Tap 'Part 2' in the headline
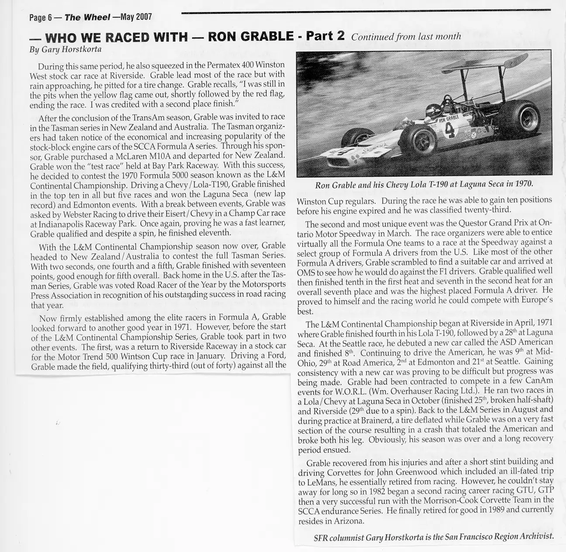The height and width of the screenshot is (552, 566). coord(325,35)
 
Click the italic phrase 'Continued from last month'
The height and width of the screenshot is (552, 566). coord(406,37)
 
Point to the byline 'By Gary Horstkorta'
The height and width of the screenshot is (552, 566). coord(65,49)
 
